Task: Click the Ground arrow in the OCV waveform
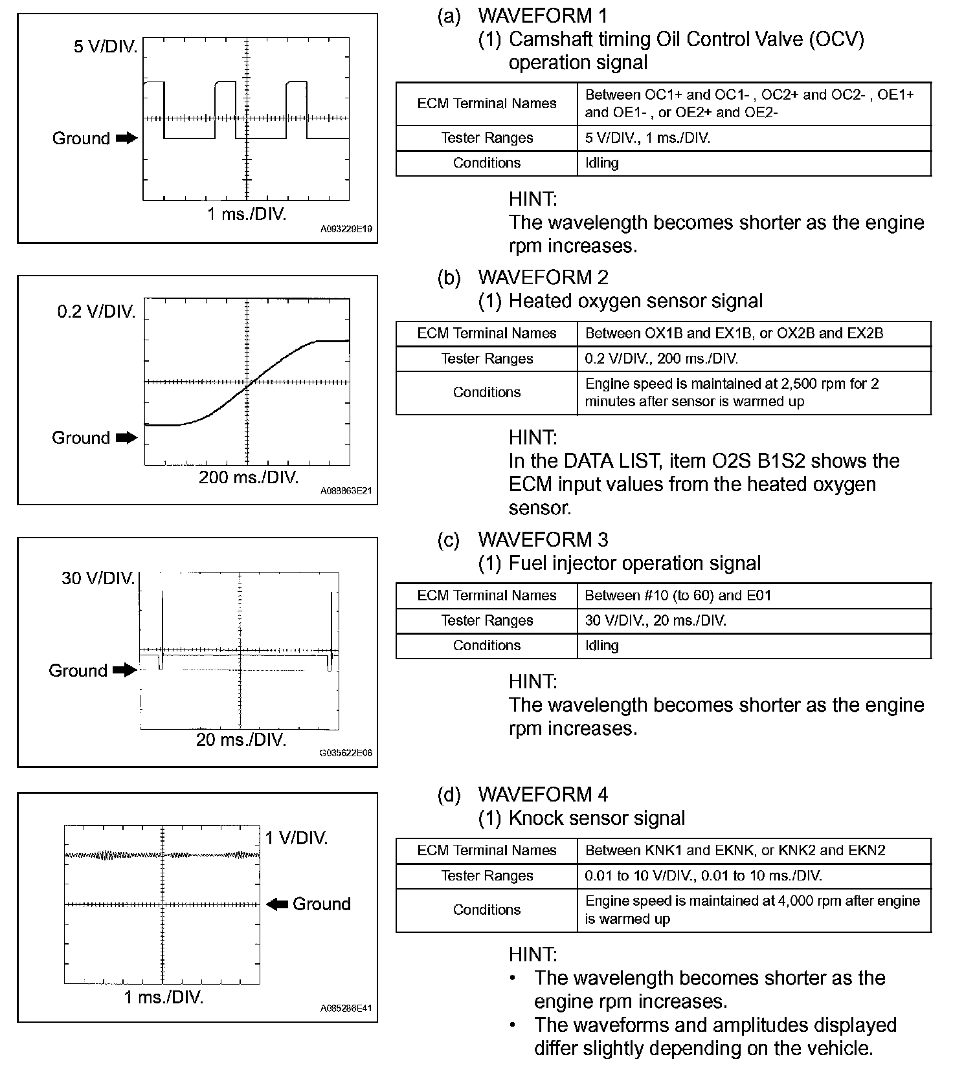[x=127, y=138]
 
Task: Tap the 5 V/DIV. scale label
[x=105, y=47]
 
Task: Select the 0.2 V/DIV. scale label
[x=96, y=312]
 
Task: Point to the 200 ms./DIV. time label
[x=249, y=478]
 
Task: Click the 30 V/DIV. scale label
[x=98, y=578]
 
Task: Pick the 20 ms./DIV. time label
[x=241, y=739]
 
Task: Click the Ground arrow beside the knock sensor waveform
[x=277, y=904]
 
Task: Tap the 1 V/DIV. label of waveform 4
[x=297, y=838]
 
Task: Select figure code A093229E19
[x=346, y=229]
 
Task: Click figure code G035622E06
[x=346, y=753]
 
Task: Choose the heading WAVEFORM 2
[x=543, y=278]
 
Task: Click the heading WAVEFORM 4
[x=543, y=794]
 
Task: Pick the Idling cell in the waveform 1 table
[x=602, y=163]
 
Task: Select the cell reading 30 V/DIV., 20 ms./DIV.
[x=655, y=620]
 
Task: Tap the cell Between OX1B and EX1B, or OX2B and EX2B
[x=734, y=333]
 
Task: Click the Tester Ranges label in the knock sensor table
[x=487, y=876]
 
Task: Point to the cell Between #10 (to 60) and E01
[x=678, y=595]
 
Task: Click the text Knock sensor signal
[x=596, y=818]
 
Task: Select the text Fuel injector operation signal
[x=634, y=563]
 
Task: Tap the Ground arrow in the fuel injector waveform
[x=124, y=670]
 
